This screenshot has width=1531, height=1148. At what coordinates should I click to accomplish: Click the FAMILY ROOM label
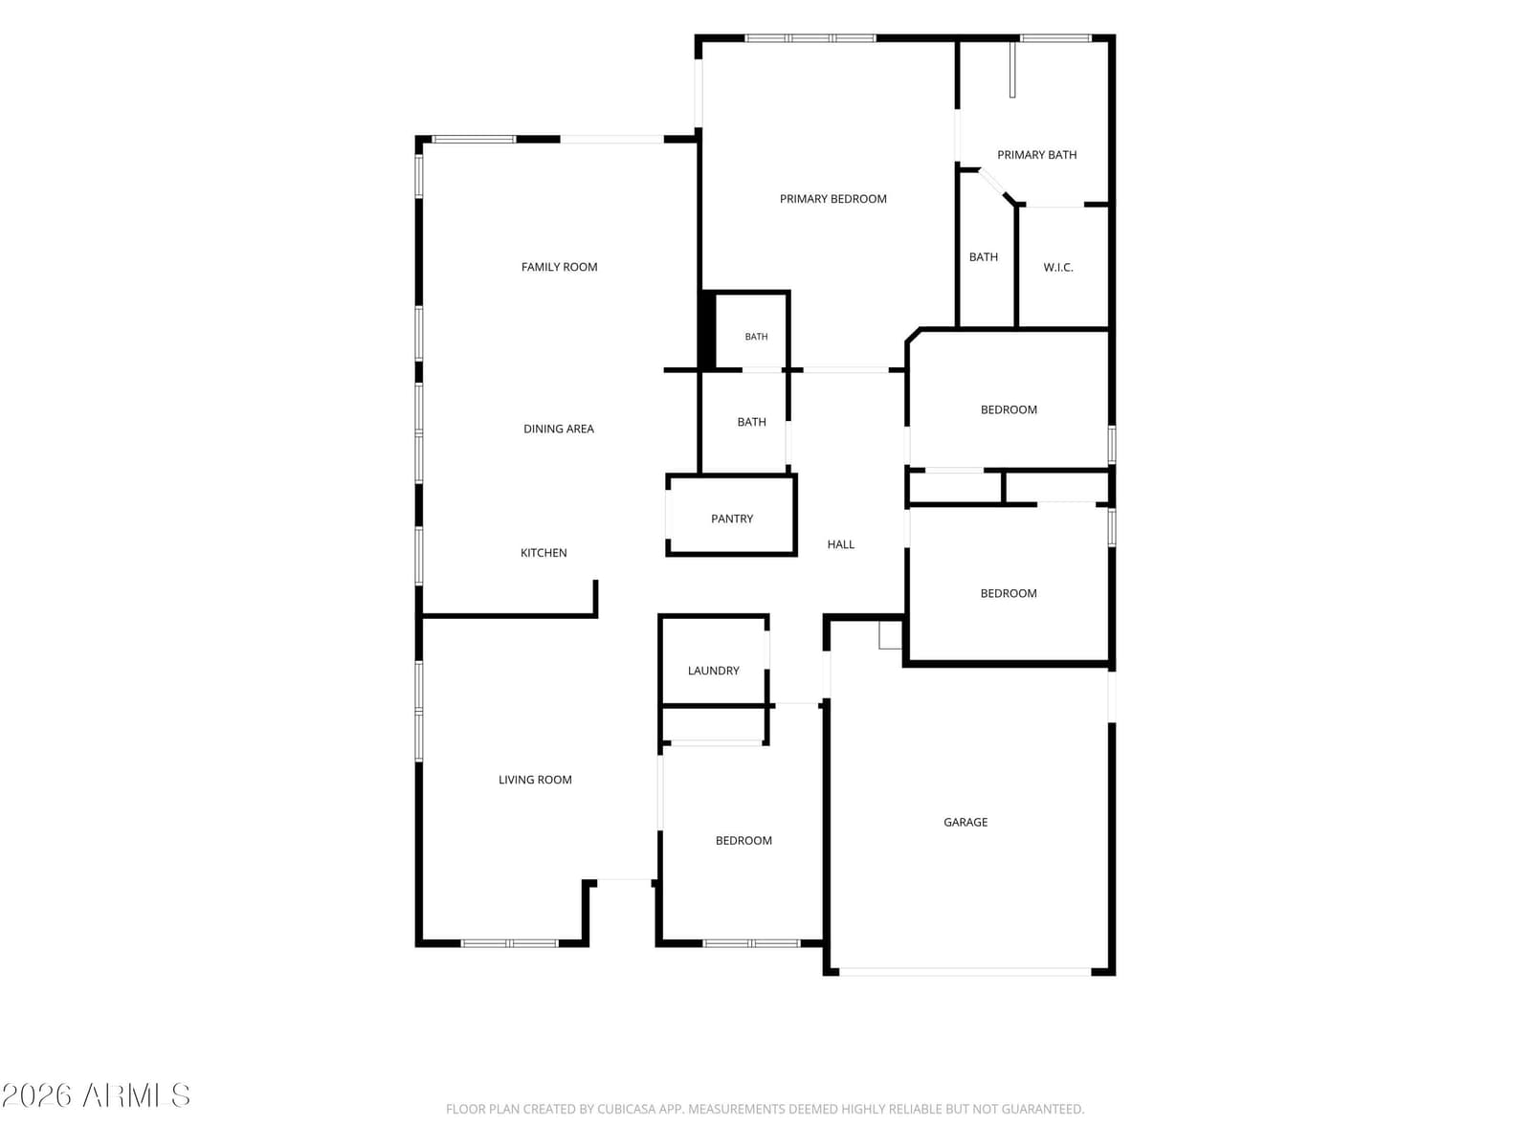[559, 267]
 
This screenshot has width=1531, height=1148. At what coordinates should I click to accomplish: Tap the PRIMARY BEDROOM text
[832, 199]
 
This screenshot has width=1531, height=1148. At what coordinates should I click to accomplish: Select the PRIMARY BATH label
[1036, 155]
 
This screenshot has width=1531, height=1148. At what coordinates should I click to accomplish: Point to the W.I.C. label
[1058, 267]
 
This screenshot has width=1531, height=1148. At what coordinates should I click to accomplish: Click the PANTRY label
[732, 519]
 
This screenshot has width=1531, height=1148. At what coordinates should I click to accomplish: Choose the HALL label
[840, 544]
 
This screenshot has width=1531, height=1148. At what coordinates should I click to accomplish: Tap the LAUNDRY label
[713, 671]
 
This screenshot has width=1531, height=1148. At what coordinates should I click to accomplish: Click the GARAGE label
[965, 822]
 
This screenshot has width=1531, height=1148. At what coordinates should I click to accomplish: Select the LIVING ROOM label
[535, 780]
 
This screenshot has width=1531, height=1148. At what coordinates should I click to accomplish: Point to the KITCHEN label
[544, 553]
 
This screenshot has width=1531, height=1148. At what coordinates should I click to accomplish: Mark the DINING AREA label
[559, 429]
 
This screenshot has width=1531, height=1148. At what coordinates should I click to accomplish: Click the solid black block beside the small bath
[707, 329]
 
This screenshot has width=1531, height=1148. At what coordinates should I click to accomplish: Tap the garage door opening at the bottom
[965, 971]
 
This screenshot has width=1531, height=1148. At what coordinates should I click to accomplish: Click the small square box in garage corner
[890, 635]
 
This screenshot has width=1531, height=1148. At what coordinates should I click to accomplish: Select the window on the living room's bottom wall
[510, 943]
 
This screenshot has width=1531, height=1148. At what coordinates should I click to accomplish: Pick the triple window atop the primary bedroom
[810, 38]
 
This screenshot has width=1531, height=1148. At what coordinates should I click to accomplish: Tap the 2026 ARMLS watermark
[96, 1095]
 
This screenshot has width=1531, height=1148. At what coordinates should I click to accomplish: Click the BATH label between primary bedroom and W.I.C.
[983, 257]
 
